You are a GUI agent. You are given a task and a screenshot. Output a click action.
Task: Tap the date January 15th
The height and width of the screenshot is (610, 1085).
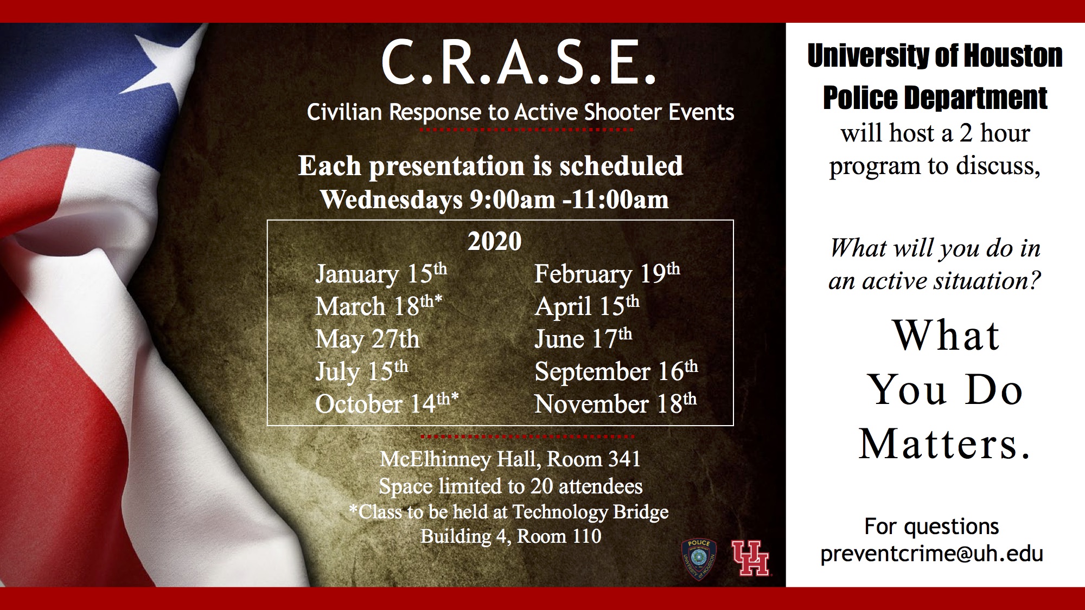coord(381,274)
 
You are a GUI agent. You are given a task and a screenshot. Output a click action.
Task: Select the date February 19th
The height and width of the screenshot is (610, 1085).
coord(607,274)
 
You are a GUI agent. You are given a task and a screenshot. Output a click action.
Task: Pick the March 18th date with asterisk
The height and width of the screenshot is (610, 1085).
coord(379,306)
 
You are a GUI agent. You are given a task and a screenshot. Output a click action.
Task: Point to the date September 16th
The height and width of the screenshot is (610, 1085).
coord(616,371)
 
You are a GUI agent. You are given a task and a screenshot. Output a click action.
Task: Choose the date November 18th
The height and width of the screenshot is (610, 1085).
coord(615,404)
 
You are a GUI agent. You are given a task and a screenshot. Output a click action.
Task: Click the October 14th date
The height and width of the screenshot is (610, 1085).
coord(387,404)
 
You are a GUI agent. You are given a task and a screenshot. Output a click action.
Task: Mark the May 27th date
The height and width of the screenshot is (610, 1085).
coord(367,339)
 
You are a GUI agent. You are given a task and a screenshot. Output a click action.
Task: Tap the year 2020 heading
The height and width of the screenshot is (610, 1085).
coord(494,241)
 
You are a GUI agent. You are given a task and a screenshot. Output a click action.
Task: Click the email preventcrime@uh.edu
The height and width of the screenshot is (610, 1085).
coord(931,554)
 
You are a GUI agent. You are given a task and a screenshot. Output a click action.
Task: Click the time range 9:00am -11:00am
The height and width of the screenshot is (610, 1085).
coord(569,200)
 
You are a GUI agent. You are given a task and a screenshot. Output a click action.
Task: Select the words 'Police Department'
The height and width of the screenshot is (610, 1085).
coord(935,98)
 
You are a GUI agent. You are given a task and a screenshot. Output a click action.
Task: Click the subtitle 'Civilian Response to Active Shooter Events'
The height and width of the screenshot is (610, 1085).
coord(520,112)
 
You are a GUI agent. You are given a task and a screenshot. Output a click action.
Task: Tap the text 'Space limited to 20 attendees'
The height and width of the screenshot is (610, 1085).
coord(510,486)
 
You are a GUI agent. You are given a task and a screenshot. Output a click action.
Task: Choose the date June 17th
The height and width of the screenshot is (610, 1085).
coord(583,339)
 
